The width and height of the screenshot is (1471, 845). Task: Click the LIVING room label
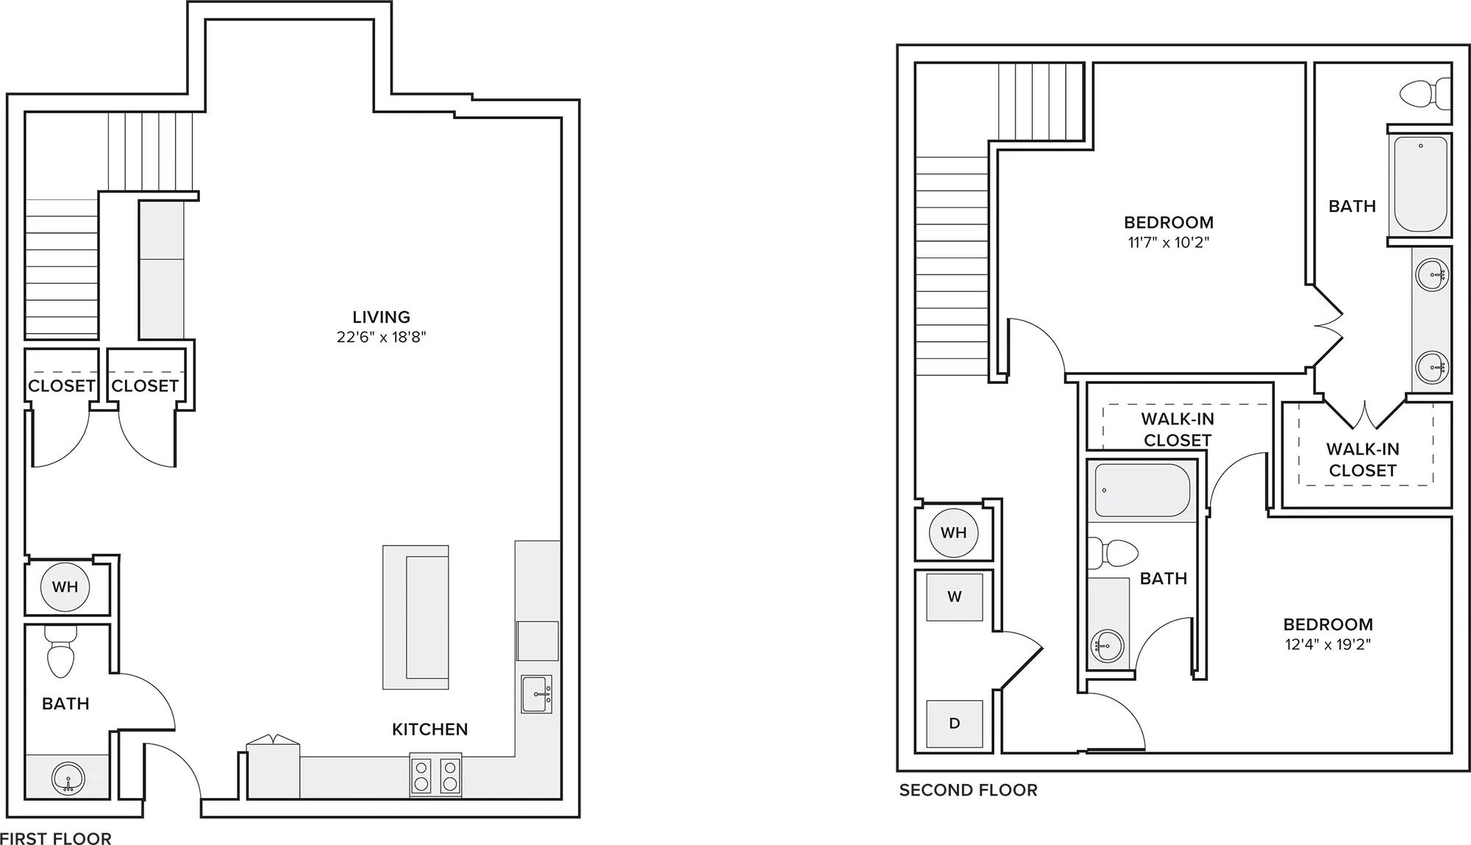pos(381,317)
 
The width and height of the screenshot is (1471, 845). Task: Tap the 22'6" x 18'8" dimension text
pos(381,338)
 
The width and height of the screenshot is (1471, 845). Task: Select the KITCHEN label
pos(430,729)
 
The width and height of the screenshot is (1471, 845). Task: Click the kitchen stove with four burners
pos(435,775)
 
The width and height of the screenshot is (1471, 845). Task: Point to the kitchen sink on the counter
pos(536,694)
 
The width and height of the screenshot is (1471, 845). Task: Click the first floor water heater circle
pos(65,587)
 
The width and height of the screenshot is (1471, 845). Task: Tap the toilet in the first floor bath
pos(60,652)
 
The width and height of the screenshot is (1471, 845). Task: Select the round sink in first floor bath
pos(68,778)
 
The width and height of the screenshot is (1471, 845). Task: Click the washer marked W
pos(955,596)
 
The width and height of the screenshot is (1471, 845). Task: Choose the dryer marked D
pos(955,724)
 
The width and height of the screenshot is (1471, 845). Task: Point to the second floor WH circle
pos(954,532)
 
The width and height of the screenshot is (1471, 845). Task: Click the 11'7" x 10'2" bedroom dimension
pos(1169,243)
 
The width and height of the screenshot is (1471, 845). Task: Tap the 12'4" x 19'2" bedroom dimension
pos(1328,645)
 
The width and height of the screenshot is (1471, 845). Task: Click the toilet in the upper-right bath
pos(1425,94)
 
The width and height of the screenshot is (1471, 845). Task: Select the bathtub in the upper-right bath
pos(1420,185)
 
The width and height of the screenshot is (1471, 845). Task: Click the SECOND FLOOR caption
pos(968,790)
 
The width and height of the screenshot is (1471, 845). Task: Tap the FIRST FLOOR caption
pos(56,838)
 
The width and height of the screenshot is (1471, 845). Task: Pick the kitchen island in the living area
pos(416,617)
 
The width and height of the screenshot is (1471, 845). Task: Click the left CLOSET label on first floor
pos(62,386)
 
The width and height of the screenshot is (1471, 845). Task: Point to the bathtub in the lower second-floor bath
pos(1142,491)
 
